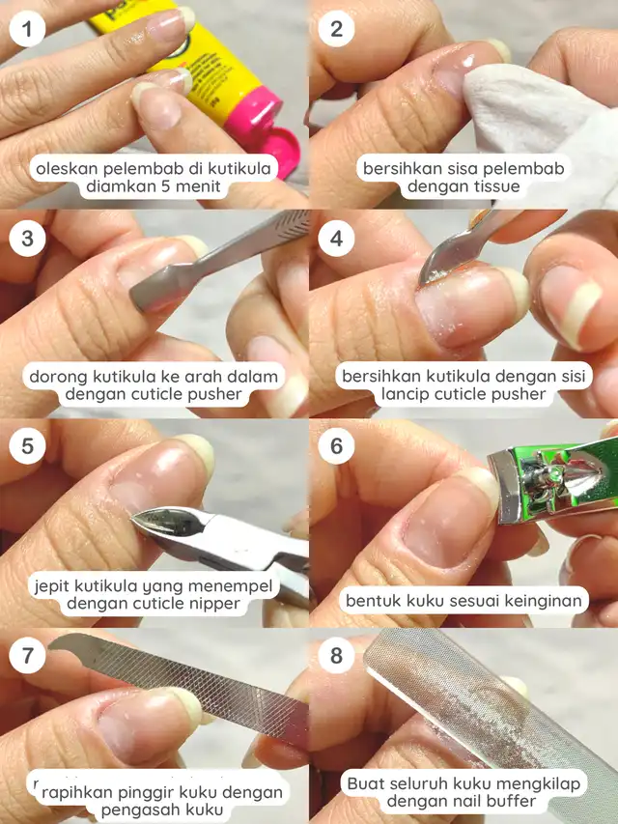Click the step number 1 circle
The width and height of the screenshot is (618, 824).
(27, 29)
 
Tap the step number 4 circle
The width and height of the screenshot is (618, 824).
(336, 238)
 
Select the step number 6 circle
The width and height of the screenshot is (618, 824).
(336, 446)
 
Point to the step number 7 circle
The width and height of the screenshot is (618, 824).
(27, 655)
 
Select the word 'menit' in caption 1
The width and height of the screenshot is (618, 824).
(198, 186)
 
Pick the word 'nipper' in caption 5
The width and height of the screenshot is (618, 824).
(214, 604)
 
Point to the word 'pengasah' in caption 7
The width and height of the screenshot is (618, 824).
(136, 810)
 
